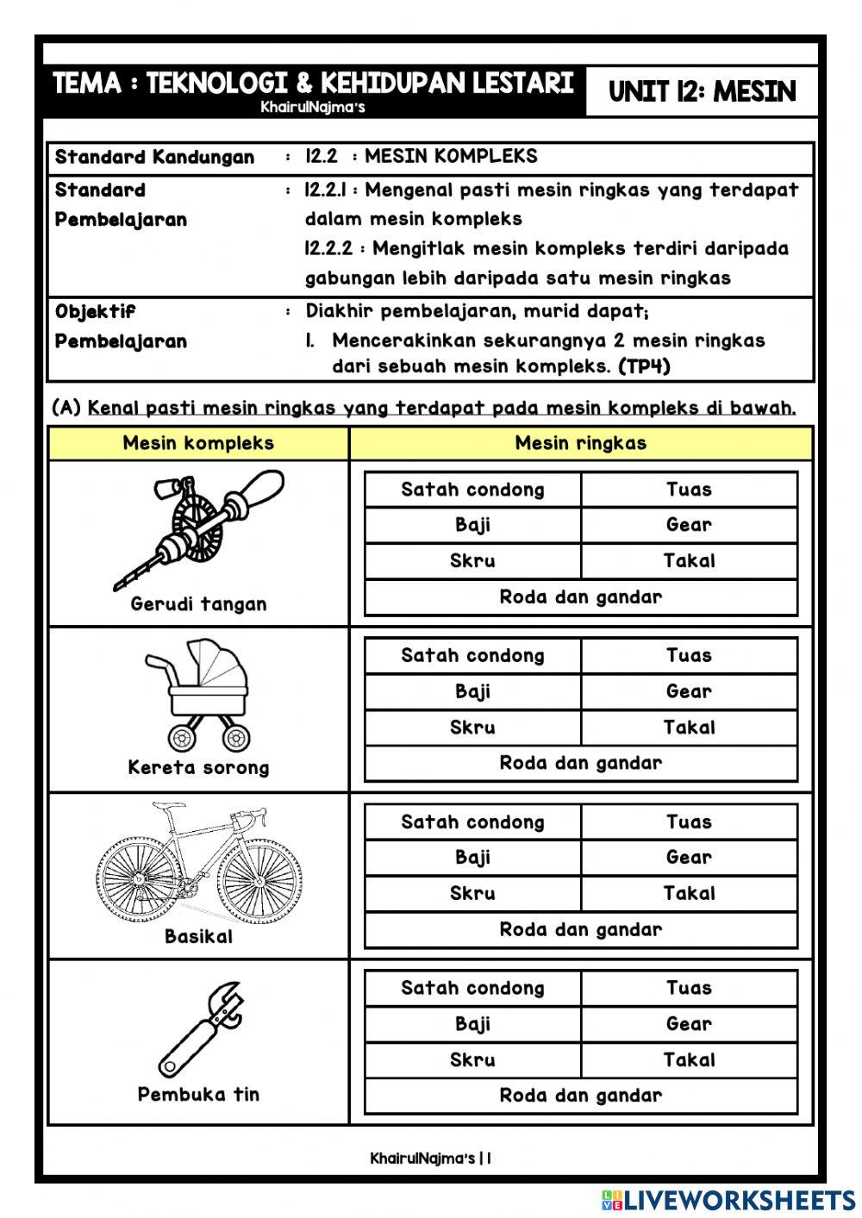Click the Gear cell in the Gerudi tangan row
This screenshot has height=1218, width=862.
pos(689,525)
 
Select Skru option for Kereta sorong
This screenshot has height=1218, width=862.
pos(472,728)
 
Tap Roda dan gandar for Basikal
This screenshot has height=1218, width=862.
pos(581,929)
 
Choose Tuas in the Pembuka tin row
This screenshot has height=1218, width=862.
pos(689,988)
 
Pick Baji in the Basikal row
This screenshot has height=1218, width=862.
pos(472,858)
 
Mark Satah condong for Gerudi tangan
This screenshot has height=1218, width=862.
pos(472,490)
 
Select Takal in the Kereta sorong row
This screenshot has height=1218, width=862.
pos(689,728)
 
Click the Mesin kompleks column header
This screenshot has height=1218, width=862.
pos(198,443)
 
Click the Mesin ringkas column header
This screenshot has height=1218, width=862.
pos(581,443)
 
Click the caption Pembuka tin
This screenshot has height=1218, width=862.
pos(198,1094)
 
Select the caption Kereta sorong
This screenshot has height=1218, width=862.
pos(198,767)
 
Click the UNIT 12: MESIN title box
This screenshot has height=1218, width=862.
pos(702,91)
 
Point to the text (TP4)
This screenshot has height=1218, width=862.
pos(644,365)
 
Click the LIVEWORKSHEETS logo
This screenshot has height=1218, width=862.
pos(728,1200)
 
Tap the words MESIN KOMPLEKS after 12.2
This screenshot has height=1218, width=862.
pos(451,156)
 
